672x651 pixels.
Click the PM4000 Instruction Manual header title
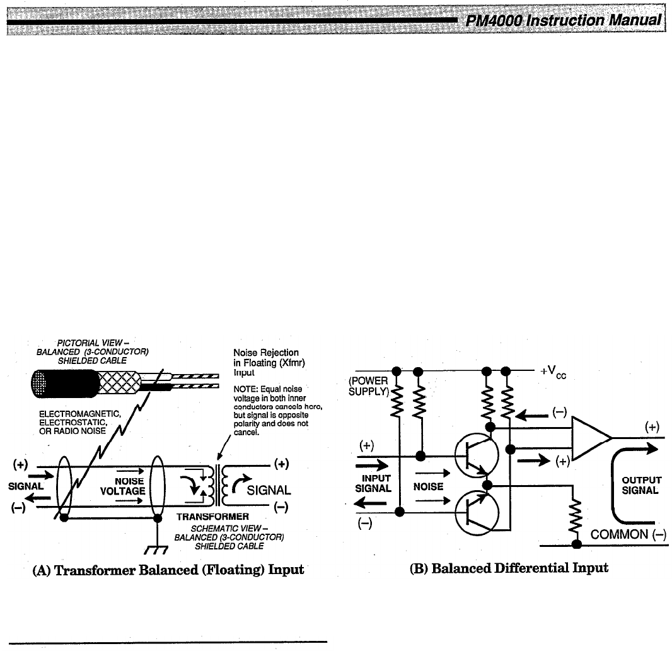563,21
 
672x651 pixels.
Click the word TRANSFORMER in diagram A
204,517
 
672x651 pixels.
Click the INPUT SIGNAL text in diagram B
374,483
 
